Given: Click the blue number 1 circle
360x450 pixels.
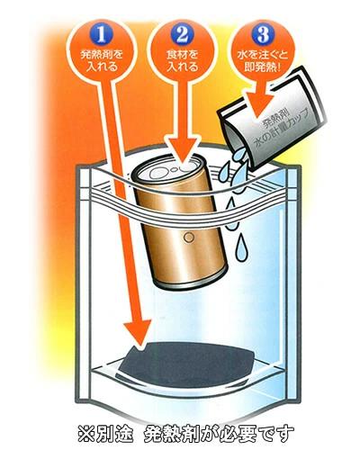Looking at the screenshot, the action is [x=102, y=34].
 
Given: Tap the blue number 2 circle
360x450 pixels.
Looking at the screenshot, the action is [x=182, y=34].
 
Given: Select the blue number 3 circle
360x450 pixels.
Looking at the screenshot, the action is [x=263, y=34].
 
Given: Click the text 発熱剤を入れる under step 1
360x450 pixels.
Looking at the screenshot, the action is [x=102, y=60].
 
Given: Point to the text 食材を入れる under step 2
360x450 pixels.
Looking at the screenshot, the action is [x=182, y=60].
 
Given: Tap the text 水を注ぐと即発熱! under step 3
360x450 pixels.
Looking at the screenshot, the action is [x=263, y=60].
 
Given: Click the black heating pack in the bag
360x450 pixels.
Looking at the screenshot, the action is [x=186, y=364].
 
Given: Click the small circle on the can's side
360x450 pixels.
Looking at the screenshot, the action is [x=189, y=238].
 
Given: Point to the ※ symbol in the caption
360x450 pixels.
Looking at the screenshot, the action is [x=86, y=434].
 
